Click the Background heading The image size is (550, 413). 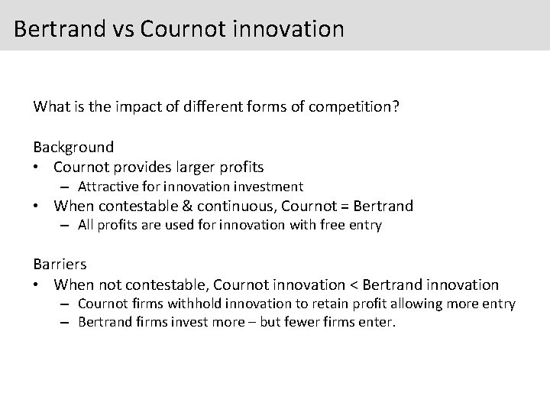point(73,147)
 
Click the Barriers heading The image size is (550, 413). point(60,264)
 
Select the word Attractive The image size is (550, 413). point(108,187)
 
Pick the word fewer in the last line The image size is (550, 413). point(301,322)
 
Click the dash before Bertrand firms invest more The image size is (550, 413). point(67,322)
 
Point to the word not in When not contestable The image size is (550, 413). point(109,285)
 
